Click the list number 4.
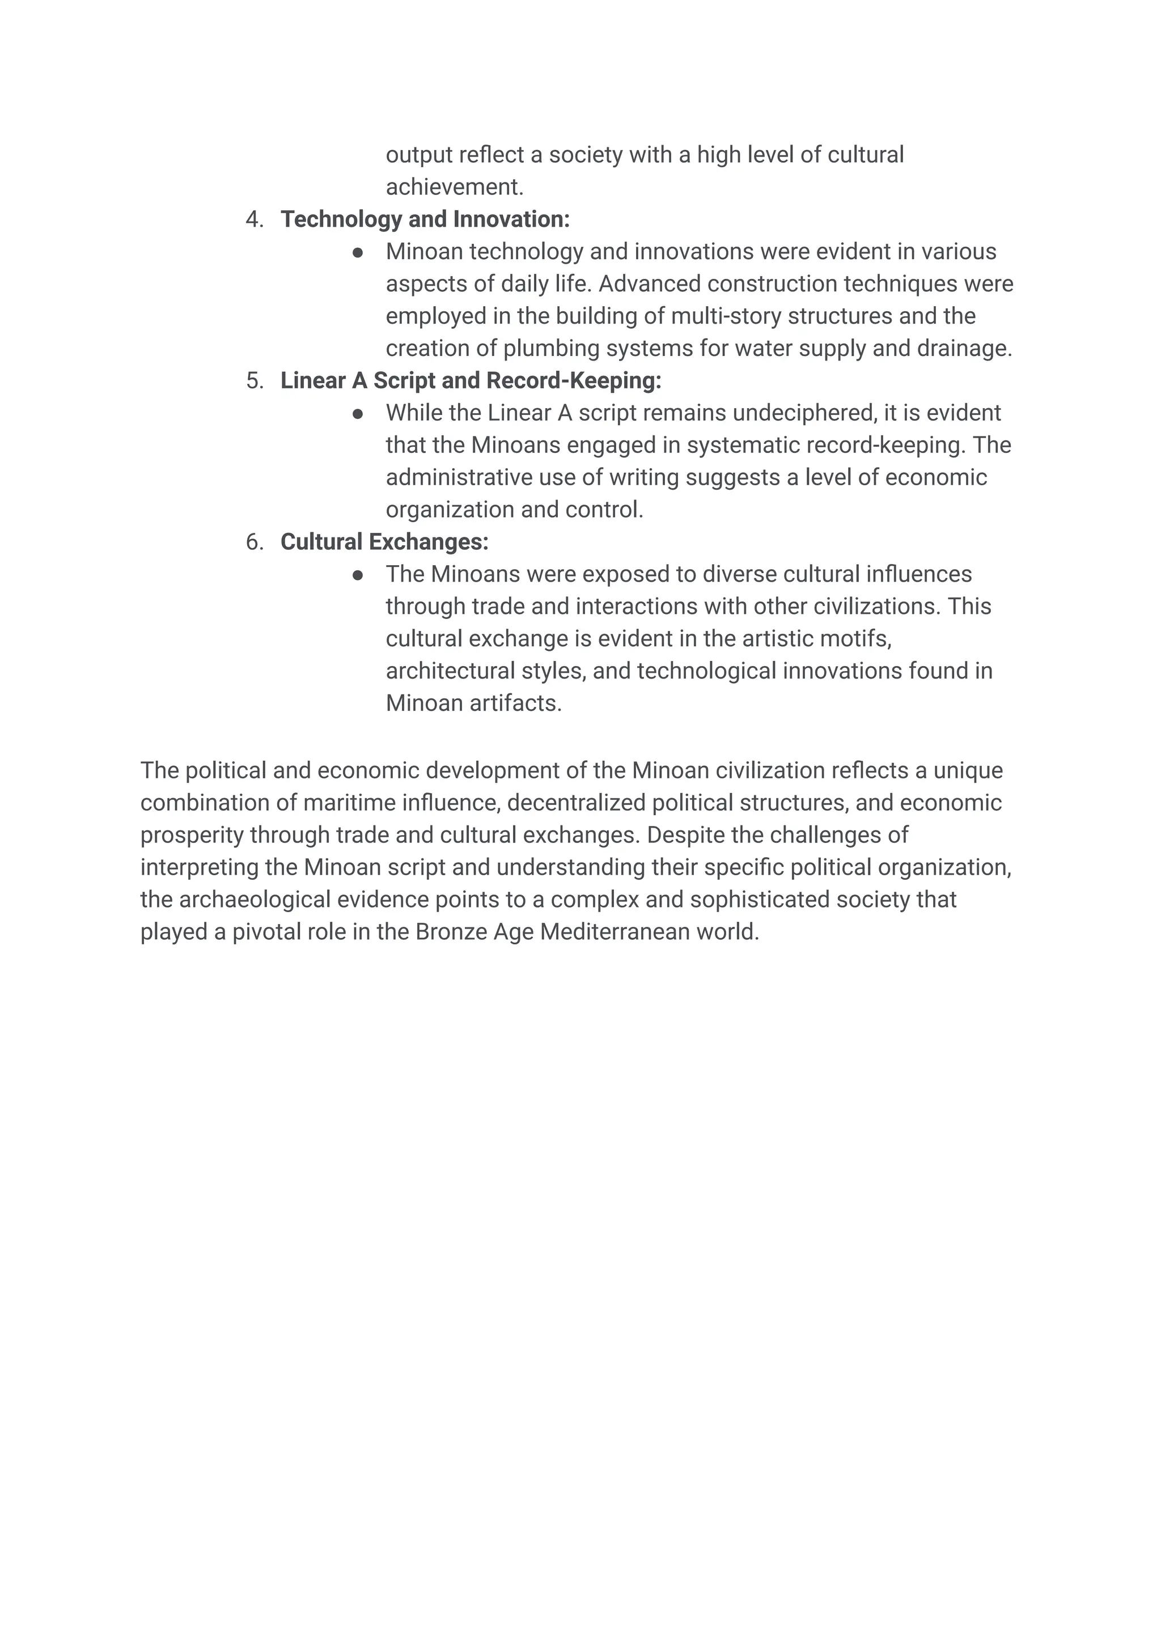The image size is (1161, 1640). coord(254,219)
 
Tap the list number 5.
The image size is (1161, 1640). coord(254,381)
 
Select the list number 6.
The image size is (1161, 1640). coord(254,542)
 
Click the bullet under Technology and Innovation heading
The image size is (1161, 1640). coord(358,252)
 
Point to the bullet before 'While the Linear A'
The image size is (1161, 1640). coord(358,414)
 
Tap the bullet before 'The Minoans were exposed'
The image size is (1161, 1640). coord(358,575)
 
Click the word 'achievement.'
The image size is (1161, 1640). coord(455,187)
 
